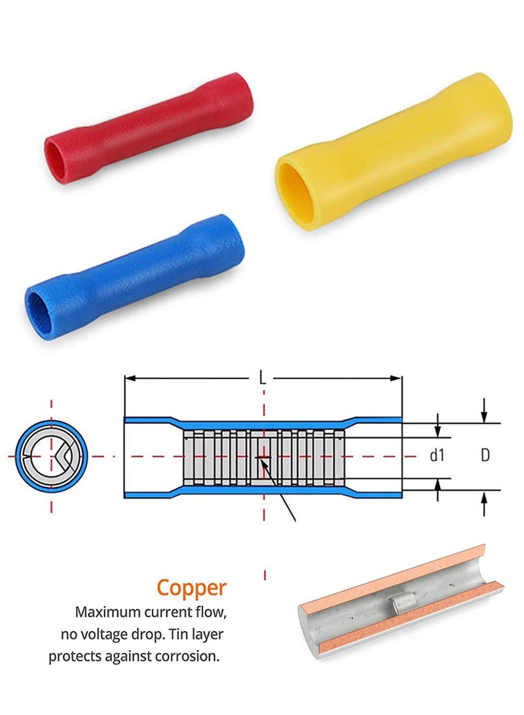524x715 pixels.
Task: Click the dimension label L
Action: pyautogui.click(x=263, y=377)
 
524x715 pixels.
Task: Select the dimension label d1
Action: pyautogui.click(x=437, y=455)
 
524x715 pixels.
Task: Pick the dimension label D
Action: pyautogui.click(x=485, y=455)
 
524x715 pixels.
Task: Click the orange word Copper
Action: pyautogui.click(x=191, y=587)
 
